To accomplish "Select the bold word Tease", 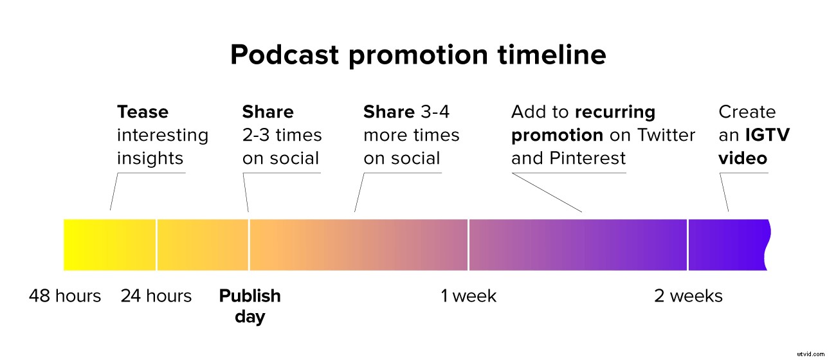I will point(143,113).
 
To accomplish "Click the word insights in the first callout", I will point(150,158).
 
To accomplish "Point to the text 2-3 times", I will point(282,136).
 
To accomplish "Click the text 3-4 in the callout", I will point(435,113).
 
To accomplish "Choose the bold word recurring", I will point(615,113).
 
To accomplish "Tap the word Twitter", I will point(666,136).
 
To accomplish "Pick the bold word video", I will point(743,158).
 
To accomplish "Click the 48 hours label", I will point(65,296).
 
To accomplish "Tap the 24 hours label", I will point(156,296).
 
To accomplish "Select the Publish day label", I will point(250,305).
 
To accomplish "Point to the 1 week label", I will point(469,296).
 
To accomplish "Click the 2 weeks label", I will point(688,296).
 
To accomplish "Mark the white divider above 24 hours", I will point(156,244).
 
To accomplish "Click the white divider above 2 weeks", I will point(688,244).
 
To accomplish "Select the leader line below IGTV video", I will point(724,192).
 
